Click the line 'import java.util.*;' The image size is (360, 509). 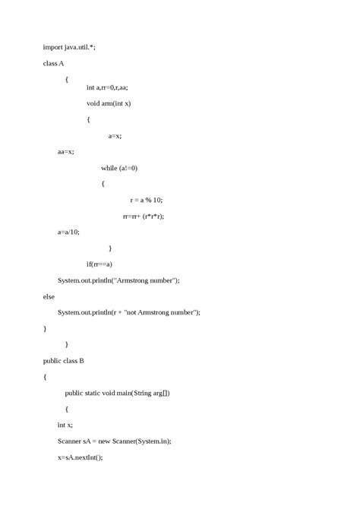(69, 47)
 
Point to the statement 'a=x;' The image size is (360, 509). (115, 136)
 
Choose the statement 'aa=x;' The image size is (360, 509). (66, 152)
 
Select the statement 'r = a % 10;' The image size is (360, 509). (147, 200)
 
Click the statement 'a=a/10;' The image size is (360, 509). (68, 232)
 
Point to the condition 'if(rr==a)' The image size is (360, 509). (99, 264)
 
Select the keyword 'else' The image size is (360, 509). (50, 296)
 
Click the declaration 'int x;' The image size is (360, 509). (66, 425)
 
